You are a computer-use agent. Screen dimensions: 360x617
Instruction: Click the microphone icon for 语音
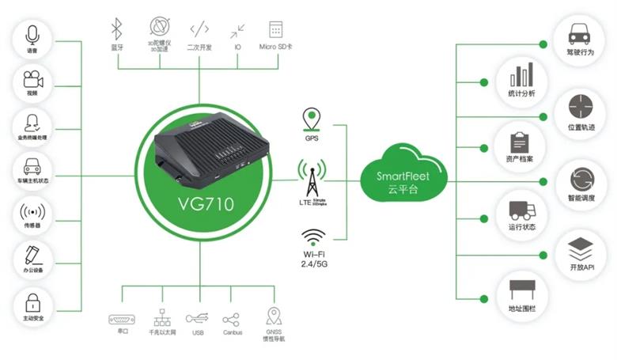click(32, 36)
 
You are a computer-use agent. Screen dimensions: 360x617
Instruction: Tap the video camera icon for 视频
click(32, 79)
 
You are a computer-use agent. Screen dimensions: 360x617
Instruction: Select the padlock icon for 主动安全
click(32, 302)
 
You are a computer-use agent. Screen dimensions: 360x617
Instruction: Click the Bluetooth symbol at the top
click(117, 29)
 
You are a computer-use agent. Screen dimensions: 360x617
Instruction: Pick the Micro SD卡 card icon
click(276, 30)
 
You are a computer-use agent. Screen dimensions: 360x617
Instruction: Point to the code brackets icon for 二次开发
click(199, 30)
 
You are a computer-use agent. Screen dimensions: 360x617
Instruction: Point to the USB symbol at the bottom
click(197, 318)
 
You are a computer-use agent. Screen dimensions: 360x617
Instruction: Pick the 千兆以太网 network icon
click(161, 317)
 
